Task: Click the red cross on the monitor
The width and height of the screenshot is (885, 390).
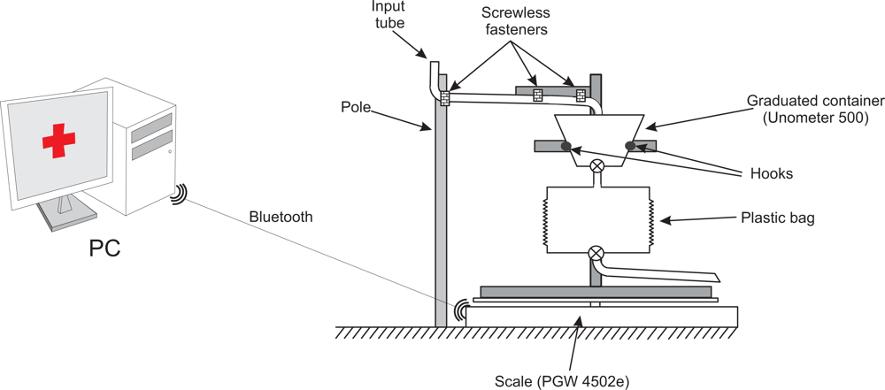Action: (58, 140)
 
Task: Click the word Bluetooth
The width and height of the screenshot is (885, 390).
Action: (281, 217)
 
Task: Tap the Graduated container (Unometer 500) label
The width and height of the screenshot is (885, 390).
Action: (806, 109)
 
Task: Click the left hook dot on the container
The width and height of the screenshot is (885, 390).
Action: (566, 147)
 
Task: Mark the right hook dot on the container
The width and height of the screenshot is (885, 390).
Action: (630, 146)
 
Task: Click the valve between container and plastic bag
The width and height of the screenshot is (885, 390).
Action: (598, 165)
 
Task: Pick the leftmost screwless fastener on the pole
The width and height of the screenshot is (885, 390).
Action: (444, 97)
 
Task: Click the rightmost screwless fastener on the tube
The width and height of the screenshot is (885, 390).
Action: (581, 96)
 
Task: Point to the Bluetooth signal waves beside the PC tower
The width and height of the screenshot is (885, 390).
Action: (180, 194)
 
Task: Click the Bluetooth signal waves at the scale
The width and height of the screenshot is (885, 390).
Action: (460, 310)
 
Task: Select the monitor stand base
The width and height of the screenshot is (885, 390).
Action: (64, 218)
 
